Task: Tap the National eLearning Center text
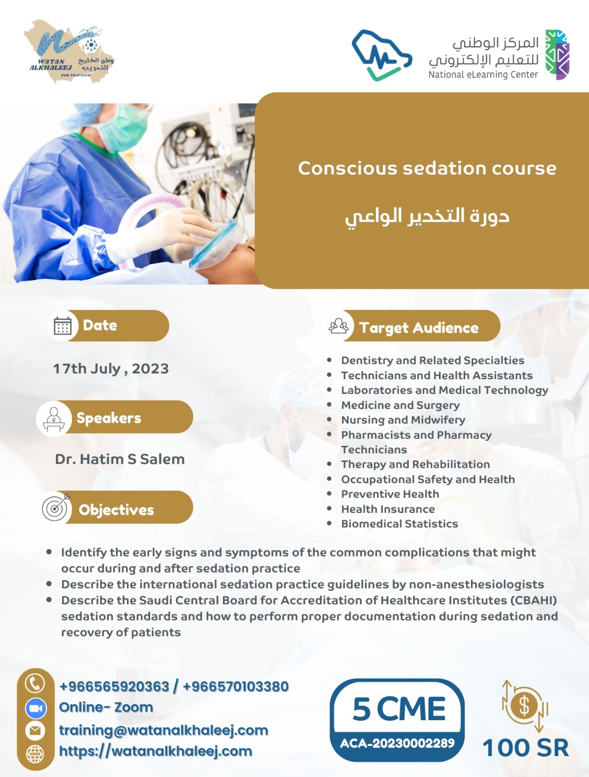pos(483,75)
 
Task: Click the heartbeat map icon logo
pos(382,55)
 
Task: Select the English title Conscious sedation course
pos(427,168)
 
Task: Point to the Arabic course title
pos(427,216)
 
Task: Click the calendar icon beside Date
pos(63,326)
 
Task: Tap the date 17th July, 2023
pos(111,369)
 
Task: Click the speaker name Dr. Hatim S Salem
pos(119,459)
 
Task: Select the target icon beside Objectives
pos(55,508)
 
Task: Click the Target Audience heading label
pos(419,328)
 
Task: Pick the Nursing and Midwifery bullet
pos(403,420)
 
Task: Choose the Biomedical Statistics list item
pos(399,524)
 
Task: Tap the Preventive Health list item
pos(390,494)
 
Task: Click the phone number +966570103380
pos(236,686)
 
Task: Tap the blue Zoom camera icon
pos(35,708)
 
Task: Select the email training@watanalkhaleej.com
pos(164,730)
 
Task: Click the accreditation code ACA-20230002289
pos(397,743)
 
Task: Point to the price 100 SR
pos(525,747)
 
